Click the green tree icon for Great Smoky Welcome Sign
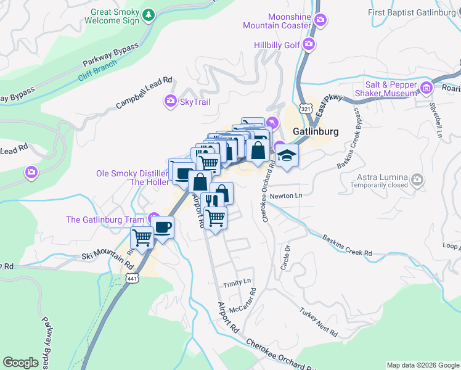pos(148,15)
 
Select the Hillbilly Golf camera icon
pos(308,44)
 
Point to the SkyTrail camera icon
pos(170,101)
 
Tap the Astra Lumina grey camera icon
pos(418,180)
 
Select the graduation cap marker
pos(287,155)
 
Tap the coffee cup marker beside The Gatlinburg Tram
pos(163,226)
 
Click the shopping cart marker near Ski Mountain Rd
pos(142,237)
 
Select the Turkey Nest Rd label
pos(319,323)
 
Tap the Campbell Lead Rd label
pos(144,93)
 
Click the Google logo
pos(20,363)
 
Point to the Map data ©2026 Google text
pos(422,365)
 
